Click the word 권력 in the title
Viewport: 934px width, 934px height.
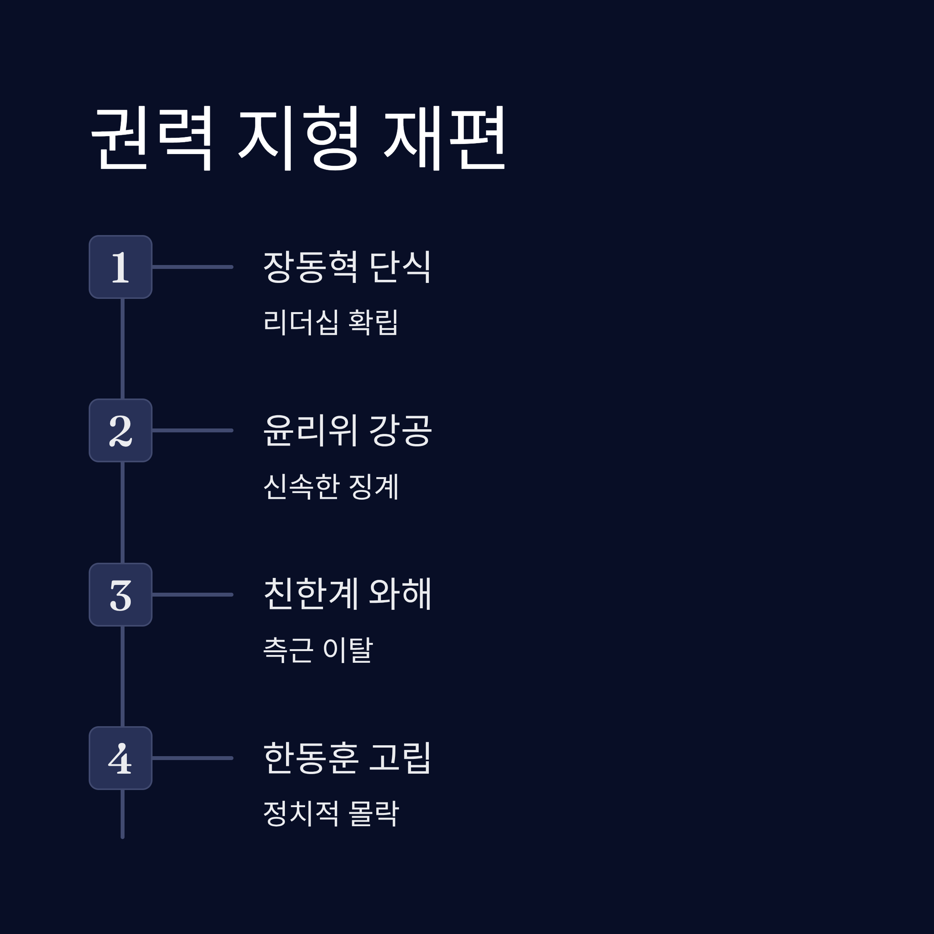[152, 138]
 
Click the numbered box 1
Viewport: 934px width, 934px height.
[120, 267]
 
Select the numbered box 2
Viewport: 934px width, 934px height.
[120, 430]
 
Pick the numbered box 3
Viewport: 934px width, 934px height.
[120, 595]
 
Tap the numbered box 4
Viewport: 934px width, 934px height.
[120, 758]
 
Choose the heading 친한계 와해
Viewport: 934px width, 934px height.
[347, 593]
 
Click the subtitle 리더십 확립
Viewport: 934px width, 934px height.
[331, 322]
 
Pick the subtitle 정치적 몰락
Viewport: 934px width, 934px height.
[331, 813]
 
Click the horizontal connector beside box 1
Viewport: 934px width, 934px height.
[192, 267]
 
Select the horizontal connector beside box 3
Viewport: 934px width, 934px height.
[192, 595]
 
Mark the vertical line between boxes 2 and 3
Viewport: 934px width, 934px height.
[122, 513]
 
